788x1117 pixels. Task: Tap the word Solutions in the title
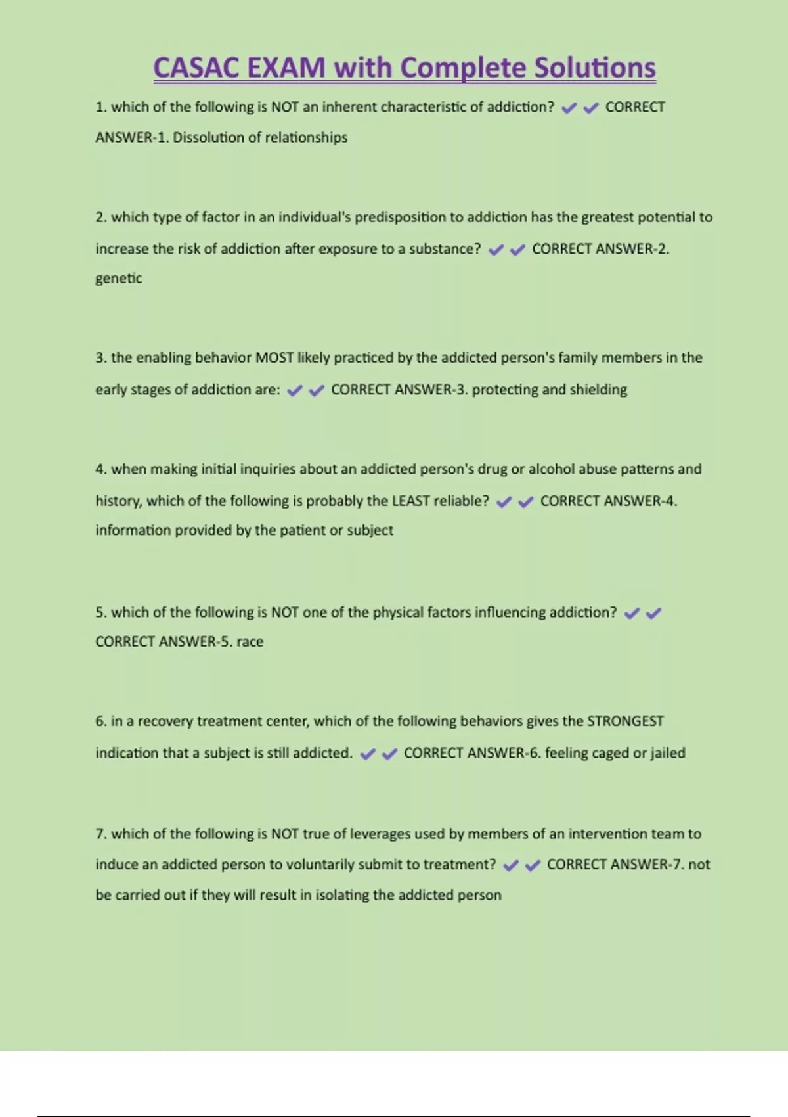594,68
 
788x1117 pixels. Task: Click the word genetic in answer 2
118,279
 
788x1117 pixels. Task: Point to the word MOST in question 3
274,358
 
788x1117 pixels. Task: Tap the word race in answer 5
250,642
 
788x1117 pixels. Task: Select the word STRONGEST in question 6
624,721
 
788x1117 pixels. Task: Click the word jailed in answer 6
668,753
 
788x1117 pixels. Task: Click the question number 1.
100,107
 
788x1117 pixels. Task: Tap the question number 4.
100,469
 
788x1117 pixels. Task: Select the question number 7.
100,834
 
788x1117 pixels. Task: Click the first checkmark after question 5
631,614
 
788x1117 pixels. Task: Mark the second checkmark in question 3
317,391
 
